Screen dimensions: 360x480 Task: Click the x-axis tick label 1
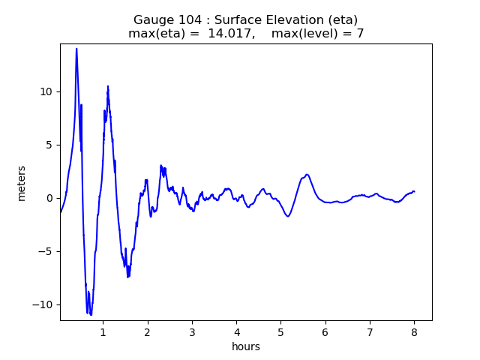(x=103, y=331)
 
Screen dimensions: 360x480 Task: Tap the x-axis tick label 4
(x=236, y=331)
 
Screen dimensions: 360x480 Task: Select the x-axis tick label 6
(x=325, y=331)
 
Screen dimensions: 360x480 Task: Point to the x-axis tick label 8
(x=414, y=331)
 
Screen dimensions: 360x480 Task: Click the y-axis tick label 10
(x=46, y=91)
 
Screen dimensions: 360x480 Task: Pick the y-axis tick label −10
(x=43, y=304)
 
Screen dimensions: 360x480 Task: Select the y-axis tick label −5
(x=46, y=251)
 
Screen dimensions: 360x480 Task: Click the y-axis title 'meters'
(x=22, y=183)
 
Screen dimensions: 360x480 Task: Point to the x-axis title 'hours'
(x=246, y=346)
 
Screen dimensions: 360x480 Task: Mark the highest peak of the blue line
(x=76, y=49)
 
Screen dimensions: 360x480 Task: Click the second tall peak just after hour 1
(x=108, y=87)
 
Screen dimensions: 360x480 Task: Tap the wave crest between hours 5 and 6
(x=307, y=175)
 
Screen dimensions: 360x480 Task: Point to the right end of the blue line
(x=414, y=191)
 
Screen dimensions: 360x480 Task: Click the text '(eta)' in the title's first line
(x=343, y=20)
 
